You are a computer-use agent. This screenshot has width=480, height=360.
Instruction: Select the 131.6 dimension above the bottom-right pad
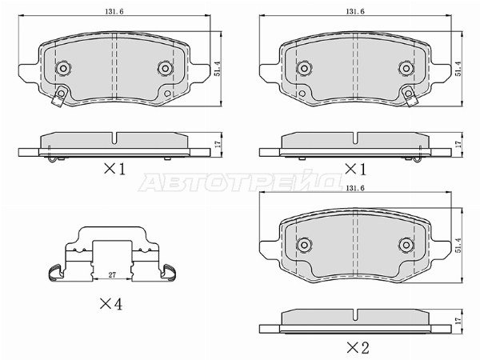355,188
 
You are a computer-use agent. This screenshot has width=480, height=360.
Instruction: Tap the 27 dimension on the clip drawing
112,275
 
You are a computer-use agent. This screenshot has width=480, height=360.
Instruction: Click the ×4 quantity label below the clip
111,304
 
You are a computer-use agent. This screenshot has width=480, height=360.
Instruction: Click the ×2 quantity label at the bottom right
358,347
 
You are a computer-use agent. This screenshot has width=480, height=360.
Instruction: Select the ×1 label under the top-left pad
114,169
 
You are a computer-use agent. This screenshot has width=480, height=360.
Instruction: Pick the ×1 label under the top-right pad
355,169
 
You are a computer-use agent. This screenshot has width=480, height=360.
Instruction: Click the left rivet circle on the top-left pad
63,68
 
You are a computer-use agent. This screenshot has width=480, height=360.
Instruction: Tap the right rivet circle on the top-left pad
166,68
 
